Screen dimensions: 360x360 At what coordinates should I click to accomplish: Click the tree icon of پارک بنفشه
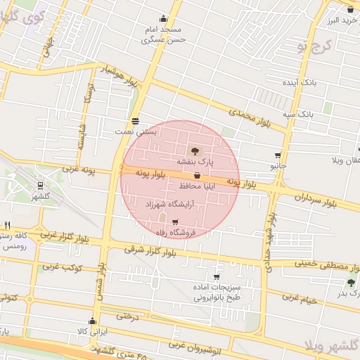[x=194, y=150]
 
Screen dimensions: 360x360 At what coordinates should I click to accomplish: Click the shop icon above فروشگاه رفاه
[x=175, y=222]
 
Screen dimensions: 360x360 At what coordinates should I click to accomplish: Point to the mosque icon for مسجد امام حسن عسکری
[x=164, y=19]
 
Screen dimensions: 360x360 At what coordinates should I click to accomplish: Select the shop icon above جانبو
[x=278, y=155]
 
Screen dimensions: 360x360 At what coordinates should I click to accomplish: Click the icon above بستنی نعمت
[x=135, y=120]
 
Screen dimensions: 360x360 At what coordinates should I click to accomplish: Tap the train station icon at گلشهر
[x=39, y=186]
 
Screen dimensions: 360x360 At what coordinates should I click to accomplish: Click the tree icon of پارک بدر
[x=351, y=283]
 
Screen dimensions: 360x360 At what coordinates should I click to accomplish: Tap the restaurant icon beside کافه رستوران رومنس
[x=7, y=226]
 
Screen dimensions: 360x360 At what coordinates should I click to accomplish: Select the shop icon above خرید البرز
[x=349, y=9]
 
